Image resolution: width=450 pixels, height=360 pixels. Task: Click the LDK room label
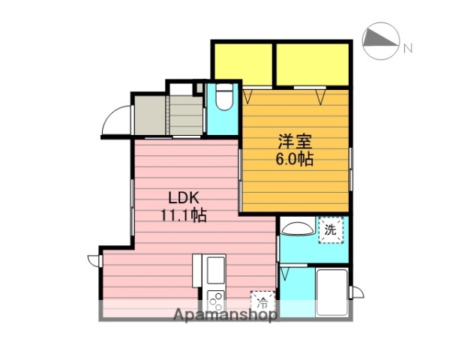point(182,199)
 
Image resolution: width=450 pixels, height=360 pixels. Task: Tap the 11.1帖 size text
point(182,216)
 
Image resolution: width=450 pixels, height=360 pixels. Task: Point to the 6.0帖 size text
point(294,158)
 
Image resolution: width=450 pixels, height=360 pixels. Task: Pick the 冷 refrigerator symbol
point(262,301)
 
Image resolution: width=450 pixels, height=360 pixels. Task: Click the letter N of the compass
point(408,49)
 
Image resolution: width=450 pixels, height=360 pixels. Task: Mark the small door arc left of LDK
point(94,259)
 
